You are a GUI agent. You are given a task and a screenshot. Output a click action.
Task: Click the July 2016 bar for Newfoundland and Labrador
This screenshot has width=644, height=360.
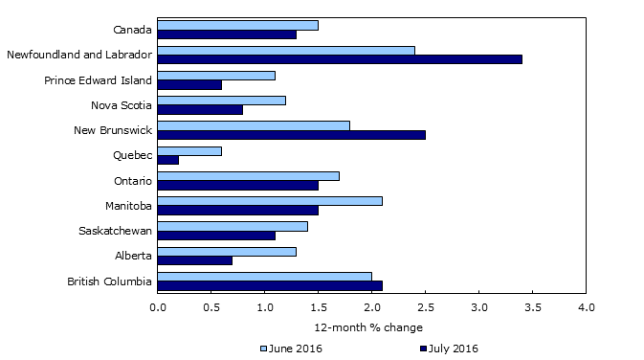point(340,59)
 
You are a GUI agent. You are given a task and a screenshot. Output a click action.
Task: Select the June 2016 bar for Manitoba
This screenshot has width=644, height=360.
point(270,200)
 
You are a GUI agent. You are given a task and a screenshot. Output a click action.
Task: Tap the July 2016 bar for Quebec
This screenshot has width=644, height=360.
point(168,160)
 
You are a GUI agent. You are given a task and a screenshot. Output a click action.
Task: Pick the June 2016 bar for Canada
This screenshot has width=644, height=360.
point(237,25)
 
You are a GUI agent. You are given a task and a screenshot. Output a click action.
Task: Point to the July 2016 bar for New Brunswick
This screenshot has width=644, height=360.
point(291,134)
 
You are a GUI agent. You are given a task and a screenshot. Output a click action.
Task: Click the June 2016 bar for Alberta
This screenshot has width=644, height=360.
point(227,251)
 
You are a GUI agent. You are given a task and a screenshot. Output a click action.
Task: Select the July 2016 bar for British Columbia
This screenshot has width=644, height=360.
point(270,285)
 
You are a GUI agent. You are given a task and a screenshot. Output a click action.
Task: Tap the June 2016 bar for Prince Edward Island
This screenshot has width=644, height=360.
point(216,75)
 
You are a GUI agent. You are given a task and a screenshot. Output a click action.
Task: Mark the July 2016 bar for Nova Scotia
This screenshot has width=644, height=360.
point(200,109)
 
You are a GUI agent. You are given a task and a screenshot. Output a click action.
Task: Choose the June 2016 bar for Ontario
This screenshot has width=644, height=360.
point(248,175)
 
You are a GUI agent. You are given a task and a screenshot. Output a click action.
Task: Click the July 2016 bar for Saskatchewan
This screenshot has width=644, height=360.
point(216,236)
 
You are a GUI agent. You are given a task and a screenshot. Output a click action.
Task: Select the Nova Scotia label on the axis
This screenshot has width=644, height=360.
point(121,104)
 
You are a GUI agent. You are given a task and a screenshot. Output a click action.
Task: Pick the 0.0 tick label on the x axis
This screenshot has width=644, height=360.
point(158,308)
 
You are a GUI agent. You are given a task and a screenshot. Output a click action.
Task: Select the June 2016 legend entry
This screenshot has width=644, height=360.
point(291,348)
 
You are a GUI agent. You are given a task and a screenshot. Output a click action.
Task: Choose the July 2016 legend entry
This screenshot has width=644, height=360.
point(449,348)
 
